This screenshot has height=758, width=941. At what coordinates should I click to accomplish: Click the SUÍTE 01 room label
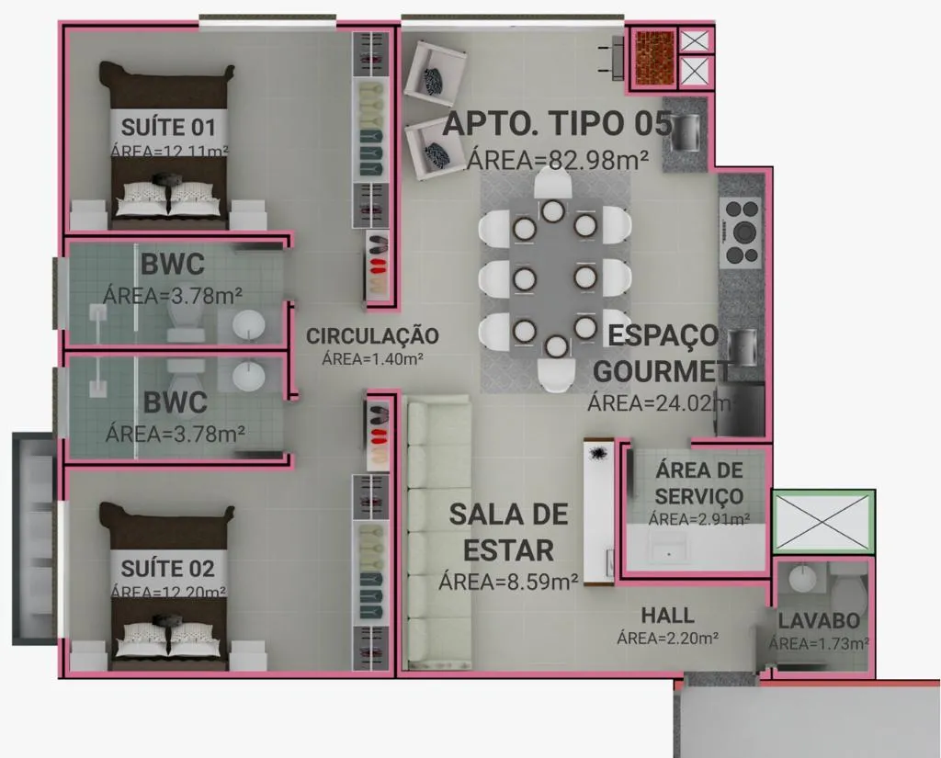168,125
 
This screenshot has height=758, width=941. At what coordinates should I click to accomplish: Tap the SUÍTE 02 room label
168,567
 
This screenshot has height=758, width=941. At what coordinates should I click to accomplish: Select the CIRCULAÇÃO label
372,336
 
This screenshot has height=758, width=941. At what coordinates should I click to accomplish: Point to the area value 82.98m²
558,159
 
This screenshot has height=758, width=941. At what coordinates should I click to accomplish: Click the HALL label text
667,616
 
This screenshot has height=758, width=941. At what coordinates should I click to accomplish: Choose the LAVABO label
819,621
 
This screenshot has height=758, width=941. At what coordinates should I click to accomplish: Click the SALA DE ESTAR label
508,532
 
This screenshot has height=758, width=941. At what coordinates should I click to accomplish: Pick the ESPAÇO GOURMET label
662,354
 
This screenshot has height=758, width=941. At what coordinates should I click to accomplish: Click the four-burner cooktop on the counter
741,232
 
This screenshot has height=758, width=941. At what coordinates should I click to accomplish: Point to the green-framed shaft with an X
822,523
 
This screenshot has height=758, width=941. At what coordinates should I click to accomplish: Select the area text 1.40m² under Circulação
372,359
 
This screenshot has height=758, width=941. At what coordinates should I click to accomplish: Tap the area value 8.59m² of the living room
508,581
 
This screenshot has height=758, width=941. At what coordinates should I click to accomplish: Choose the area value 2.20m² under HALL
667,637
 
